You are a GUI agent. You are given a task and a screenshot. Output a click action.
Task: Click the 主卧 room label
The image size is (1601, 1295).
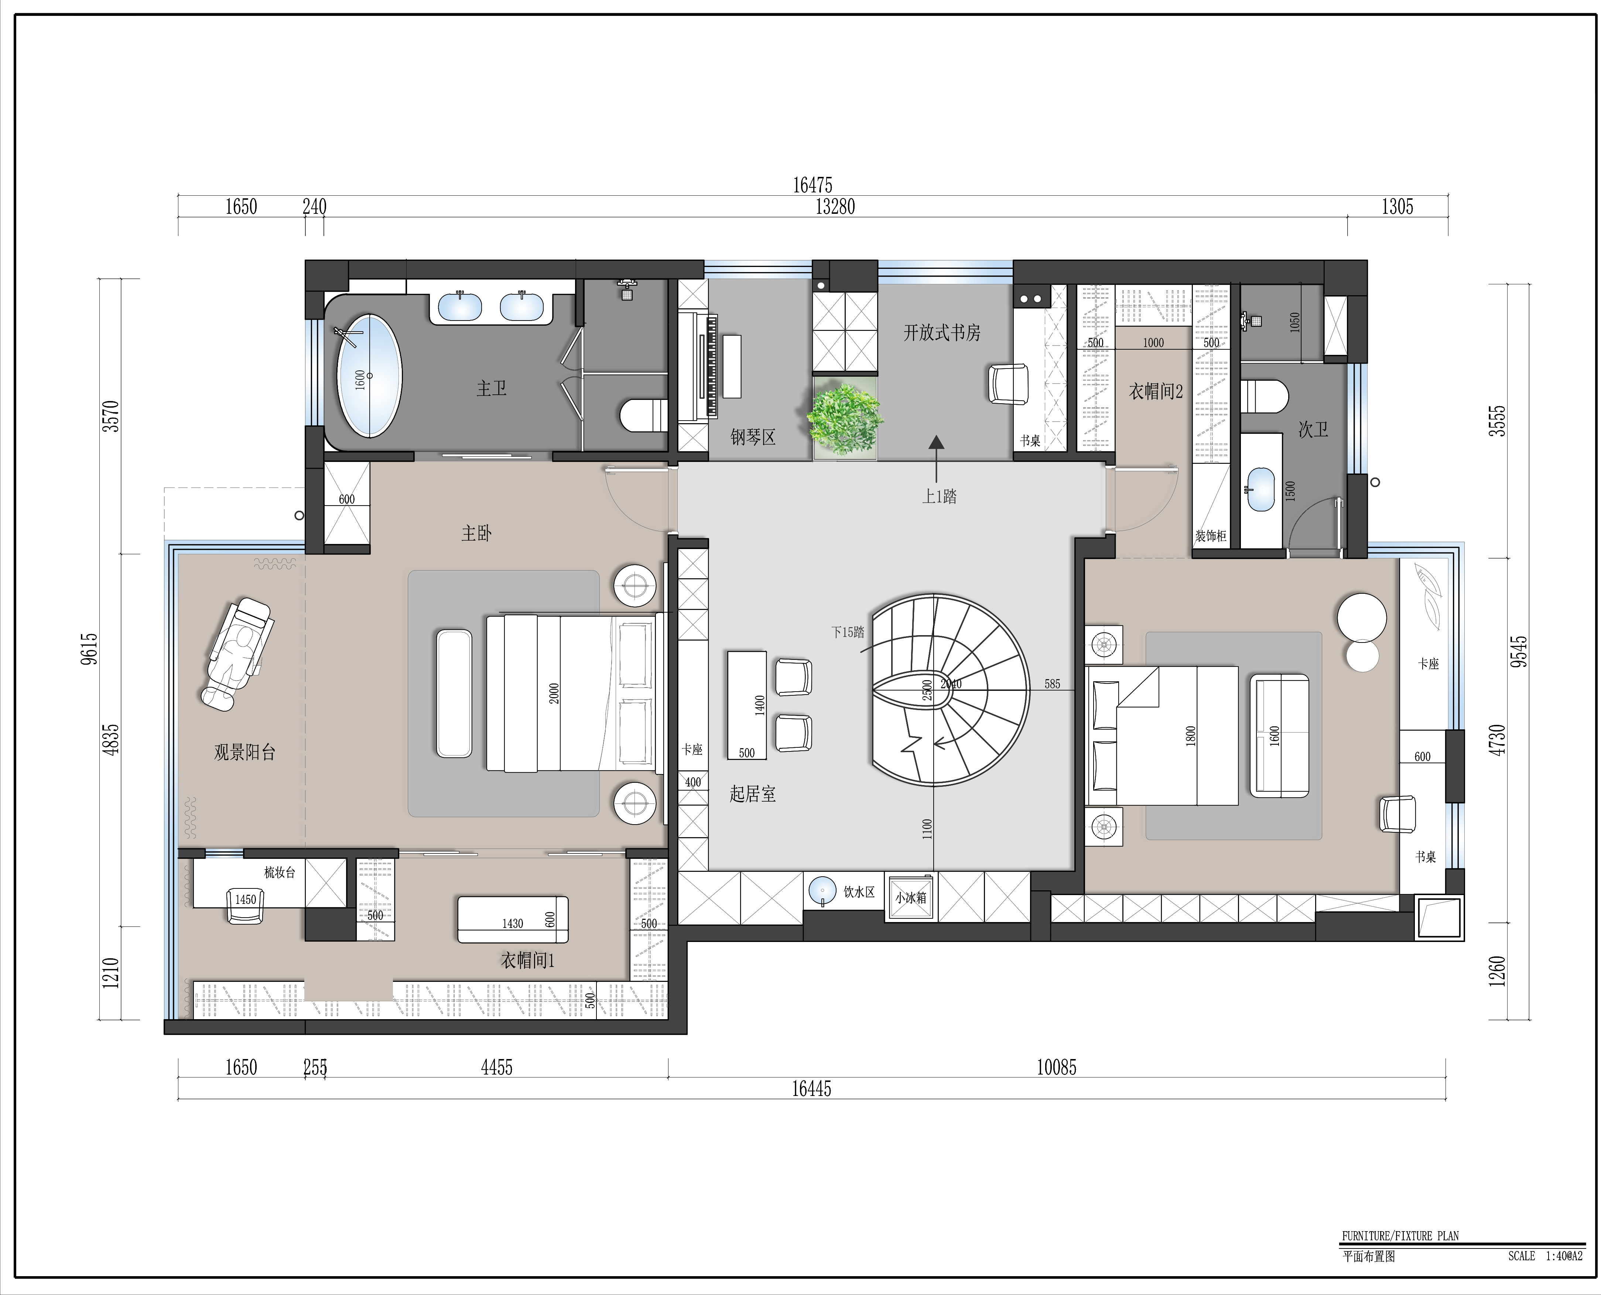476,533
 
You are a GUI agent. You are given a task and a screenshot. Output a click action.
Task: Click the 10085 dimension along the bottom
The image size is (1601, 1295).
1056,1068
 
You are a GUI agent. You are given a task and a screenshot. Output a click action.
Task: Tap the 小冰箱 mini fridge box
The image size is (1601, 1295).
911,897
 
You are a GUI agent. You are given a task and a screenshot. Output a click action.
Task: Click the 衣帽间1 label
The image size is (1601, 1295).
527,961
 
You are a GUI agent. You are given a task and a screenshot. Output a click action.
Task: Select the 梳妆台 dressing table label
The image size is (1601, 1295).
280,872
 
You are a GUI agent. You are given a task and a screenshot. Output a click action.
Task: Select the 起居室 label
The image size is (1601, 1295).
753,794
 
